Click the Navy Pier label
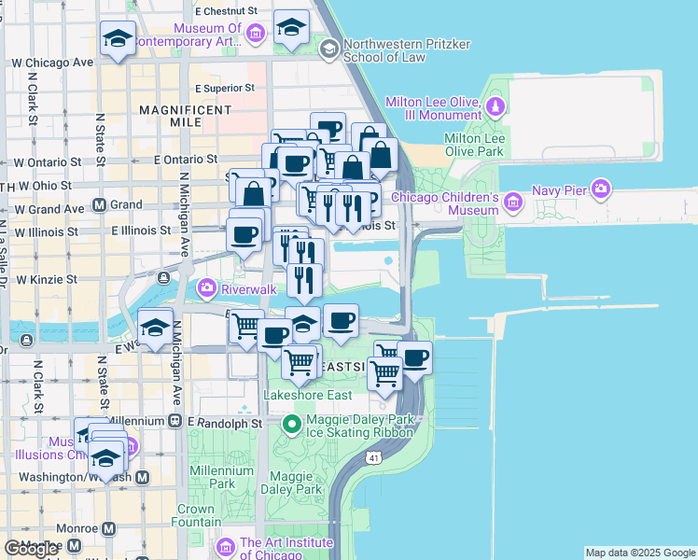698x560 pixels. pos(558,190)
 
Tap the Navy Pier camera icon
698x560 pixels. pos(600,190)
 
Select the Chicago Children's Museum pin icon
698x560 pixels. pos(511,202)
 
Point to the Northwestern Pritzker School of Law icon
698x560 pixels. pos(328,48)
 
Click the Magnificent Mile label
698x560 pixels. pos(185,116)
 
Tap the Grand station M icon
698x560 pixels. pos(100,205)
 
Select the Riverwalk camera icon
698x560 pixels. pos(204,289)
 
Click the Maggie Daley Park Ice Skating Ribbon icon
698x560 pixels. pos(292,426)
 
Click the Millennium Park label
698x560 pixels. pos(221,477)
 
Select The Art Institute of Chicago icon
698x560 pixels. pos(225,546)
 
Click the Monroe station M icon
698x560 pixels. pos(109,528)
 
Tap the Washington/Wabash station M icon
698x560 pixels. pos(143,477)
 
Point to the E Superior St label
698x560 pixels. pos(225,88)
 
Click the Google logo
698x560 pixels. pos(32,549)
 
